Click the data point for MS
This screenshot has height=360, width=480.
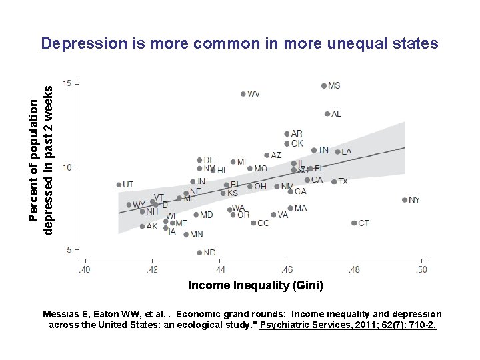[x=324, y=86]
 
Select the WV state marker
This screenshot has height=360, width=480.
[x=243, y=94]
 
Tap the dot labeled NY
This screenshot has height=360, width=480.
[x=405, y=200]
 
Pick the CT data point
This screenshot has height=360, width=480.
[x=354, y=223]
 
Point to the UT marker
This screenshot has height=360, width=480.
[x=119, y=185]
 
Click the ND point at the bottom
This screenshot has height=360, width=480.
[x=199, y=253]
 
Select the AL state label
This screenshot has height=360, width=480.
[x=336, y=114]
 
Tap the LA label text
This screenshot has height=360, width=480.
[x=347, y=152]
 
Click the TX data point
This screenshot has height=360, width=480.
[x=334, y=181]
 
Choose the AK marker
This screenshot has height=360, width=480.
[x=142, y=227]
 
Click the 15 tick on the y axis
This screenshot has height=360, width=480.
[x=68, y=83]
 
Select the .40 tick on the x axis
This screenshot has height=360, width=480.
[x=85, y=269]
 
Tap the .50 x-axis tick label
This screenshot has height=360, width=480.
[x=421, y=269]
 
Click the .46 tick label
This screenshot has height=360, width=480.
[x=287, y=269]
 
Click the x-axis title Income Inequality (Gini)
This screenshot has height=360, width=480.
[x=255, y=285]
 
